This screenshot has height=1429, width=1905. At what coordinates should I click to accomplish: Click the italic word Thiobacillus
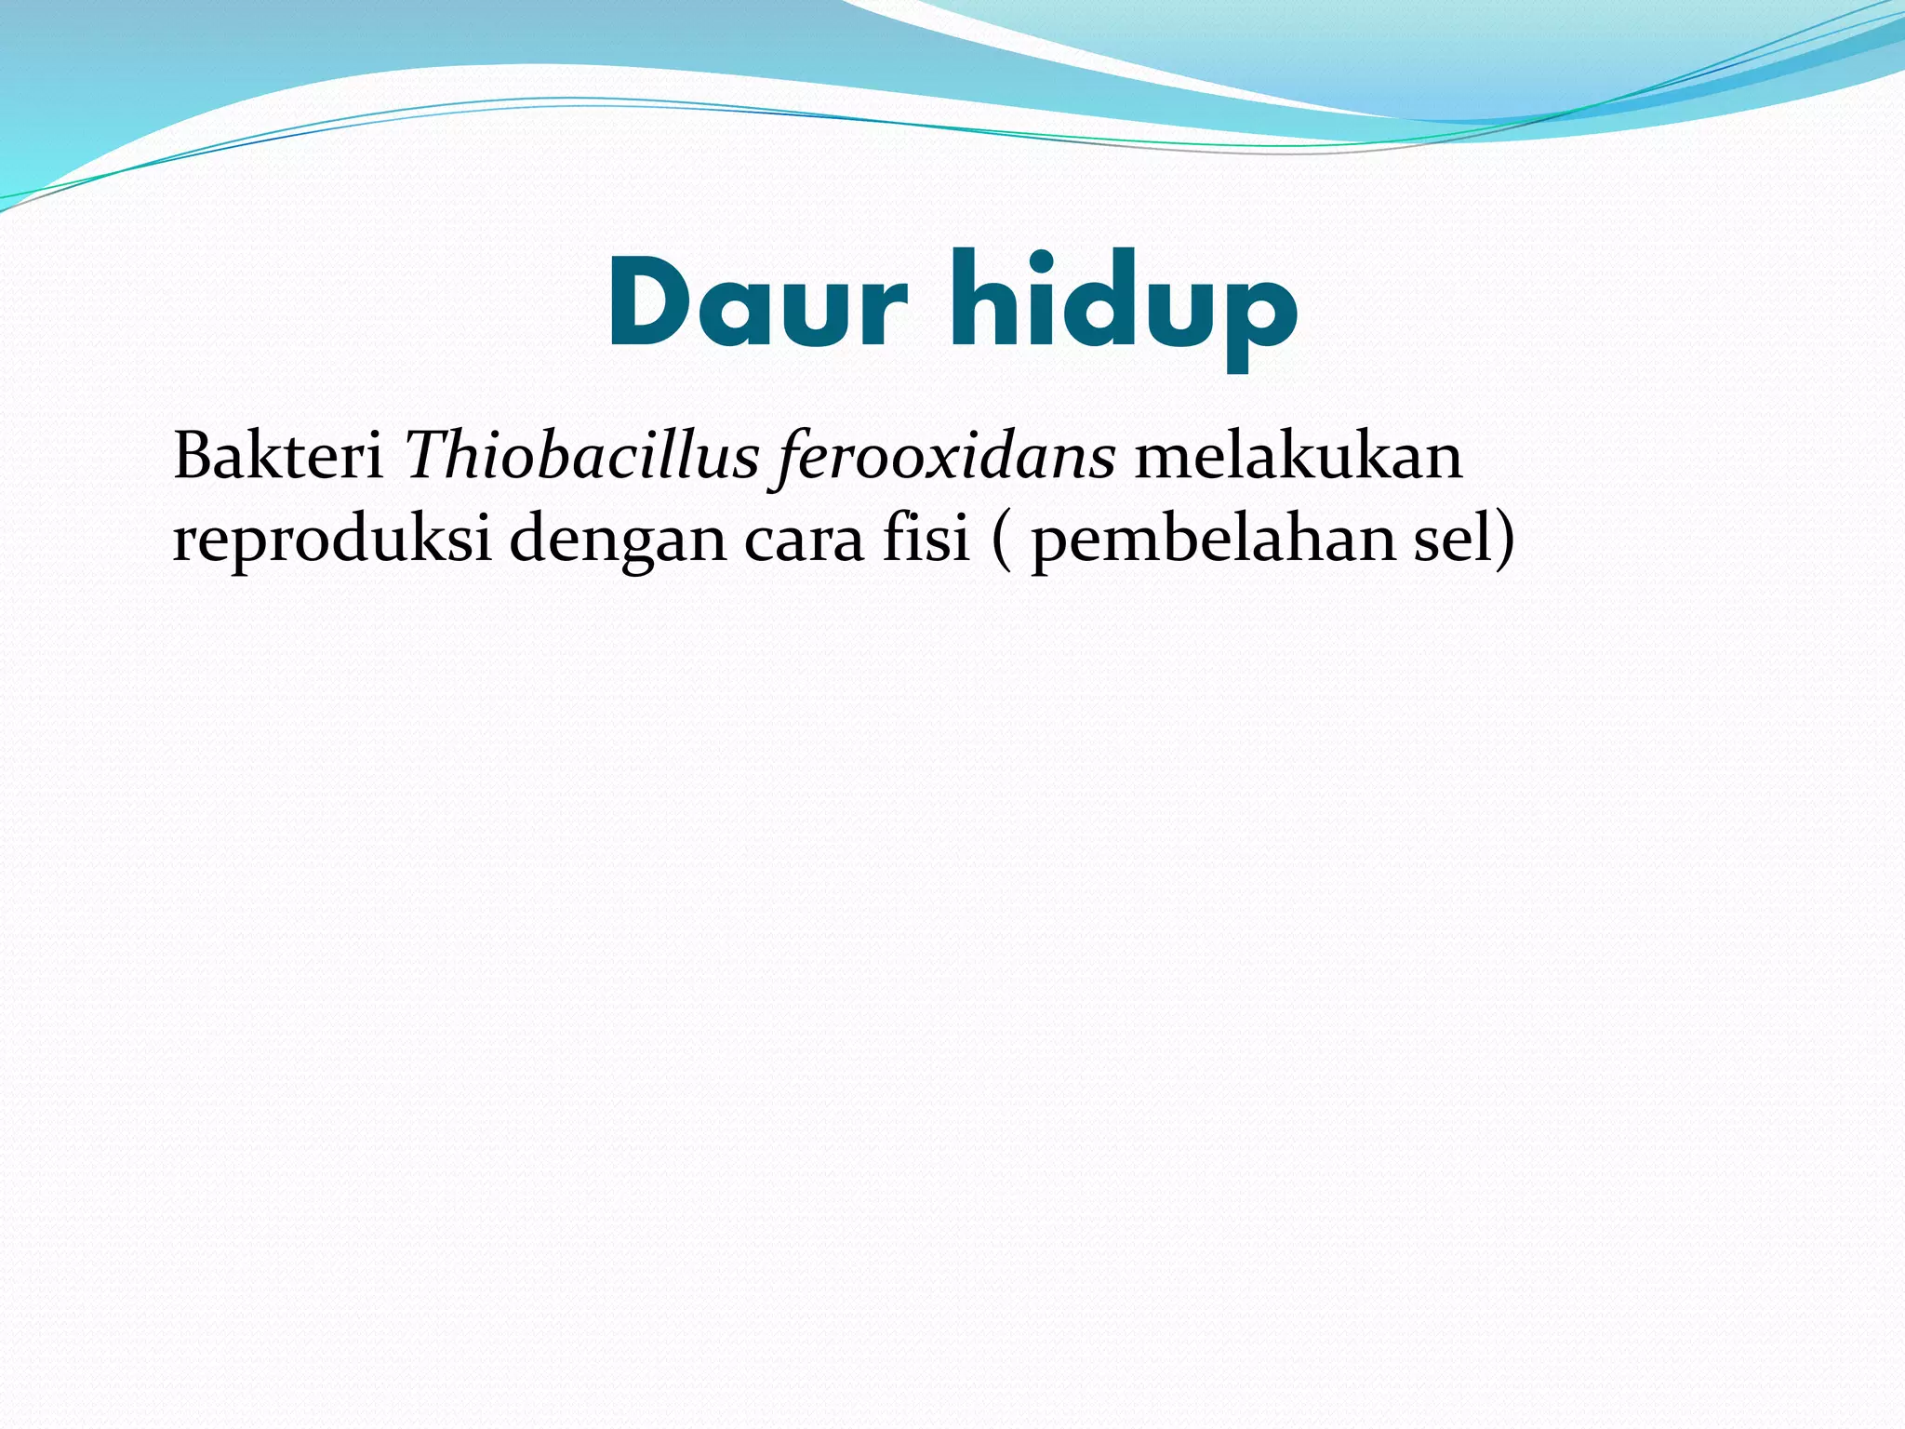[582, 457]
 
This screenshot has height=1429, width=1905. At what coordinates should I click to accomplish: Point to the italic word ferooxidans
[945, 459]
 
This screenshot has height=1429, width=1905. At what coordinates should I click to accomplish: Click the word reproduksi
[331, 540]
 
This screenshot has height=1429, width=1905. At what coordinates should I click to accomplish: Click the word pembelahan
[1213, 540]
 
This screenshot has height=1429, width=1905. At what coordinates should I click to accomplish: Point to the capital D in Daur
[651, 302]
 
